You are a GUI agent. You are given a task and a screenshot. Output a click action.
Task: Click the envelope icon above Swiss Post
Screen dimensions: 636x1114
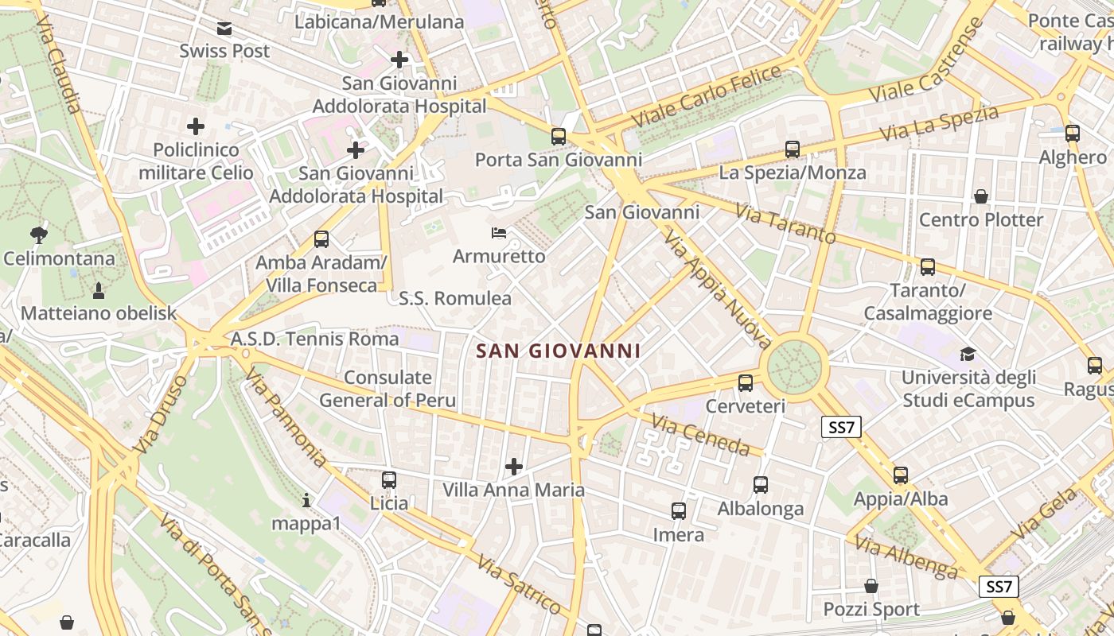(x=224, y=29)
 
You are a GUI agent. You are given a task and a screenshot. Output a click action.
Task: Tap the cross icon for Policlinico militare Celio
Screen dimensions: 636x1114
(x=196, y=126)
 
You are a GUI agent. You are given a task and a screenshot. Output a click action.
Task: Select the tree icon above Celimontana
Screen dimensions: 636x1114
(x=38, y=235)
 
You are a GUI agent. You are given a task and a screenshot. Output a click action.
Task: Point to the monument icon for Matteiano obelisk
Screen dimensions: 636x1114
(x=98, y=290)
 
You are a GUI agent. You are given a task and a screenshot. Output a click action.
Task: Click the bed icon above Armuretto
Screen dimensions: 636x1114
(x=499, y=234)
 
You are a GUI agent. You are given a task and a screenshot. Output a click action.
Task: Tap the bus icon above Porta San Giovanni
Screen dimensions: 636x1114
(x=559, y=136)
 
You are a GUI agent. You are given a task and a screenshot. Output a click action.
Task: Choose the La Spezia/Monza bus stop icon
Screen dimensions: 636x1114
(x=793, y=149)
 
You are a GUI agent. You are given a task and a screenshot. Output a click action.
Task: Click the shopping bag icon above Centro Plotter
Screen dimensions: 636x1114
(x=981, y=196)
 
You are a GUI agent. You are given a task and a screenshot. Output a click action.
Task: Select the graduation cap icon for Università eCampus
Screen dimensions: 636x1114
(x=968, y=354)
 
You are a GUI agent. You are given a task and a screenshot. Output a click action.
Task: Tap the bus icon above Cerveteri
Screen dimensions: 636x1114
(x=746, y=383)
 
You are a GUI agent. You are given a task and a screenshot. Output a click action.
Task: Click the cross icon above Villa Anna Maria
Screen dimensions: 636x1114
(x=514, y=466)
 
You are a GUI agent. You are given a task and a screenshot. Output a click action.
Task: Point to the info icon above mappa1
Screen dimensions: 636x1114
(x=306, y=500)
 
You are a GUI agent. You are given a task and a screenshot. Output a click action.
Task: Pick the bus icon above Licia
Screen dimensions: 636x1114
(x=389, y=479)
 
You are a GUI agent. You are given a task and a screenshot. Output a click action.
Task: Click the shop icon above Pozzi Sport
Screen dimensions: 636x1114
(x=871, y=586)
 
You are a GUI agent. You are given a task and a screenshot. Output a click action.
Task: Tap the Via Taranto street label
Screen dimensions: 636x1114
(x=785, y=223)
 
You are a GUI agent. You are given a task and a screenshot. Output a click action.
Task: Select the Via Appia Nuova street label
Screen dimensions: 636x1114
(x=717, y=290)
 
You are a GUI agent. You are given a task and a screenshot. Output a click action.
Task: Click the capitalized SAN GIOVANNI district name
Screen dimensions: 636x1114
(x=558, y=351)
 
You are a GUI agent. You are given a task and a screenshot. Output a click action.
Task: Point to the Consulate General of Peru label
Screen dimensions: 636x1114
(x=388, y=389)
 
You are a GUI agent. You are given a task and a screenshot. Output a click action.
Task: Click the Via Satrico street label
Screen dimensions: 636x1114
(x=519, y=584)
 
